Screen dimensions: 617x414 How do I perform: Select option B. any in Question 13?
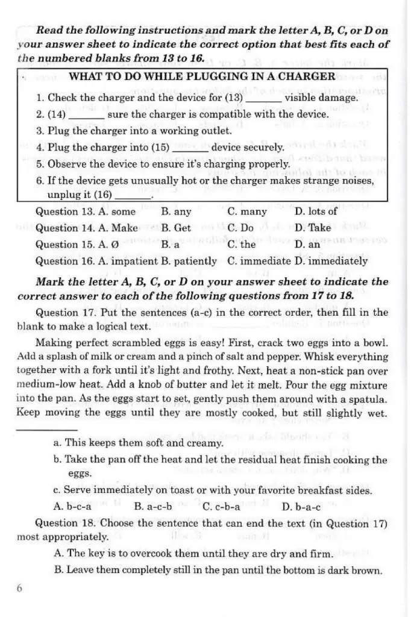click(176, 211)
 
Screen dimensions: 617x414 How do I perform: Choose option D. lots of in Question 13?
click(316, 211)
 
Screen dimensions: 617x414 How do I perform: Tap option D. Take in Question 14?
click(313, 228)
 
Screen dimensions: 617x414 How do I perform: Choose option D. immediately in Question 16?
click(331, 261)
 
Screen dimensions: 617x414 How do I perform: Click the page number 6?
click(20, 589)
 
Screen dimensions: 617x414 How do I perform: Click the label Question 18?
click(65, 523)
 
